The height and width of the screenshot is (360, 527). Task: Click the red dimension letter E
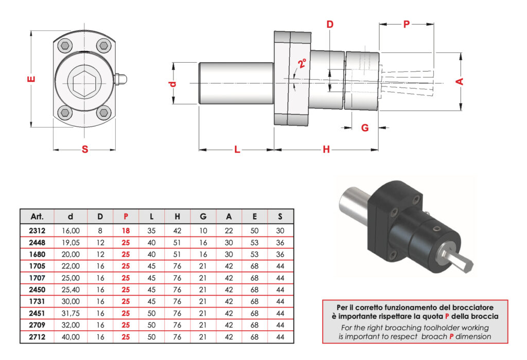[x=32, y=80]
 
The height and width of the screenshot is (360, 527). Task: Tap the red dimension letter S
[x=85, y=150]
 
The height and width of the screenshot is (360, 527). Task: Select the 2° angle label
[x=302, y=64]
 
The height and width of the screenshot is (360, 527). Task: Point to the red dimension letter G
[x=365, y=128]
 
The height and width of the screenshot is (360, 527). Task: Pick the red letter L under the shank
[x=237, y=150]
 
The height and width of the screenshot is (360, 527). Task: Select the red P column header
[x=126, y=216]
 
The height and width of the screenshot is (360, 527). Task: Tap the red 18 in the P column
[x=126, y=231]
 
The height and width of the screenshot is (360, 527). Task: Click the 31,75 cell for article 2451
[x=71, y=313]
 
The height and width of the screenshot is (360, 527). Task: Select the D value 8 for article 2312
[x=100, y=231]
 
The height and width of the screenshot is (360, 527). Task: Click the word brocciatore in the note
[x=473, y=307]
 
